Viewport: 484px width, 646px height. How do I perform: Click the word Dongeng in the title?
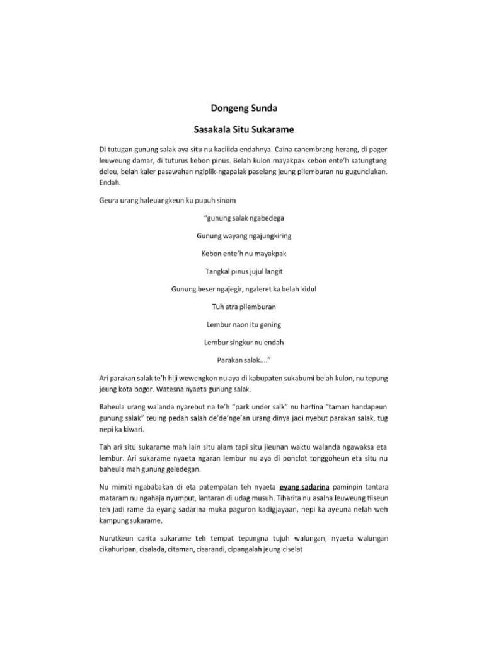229,108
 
